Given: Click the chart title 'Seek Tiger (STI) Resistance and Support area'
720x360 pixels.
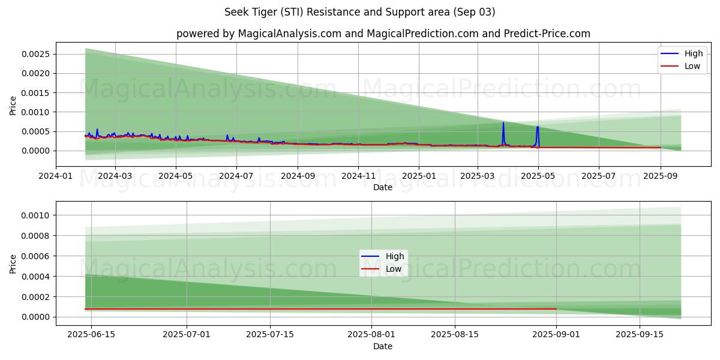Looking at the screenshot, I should point(359,12).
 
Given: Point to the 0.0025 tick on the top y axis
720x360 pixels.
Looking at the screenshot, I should point(37,54).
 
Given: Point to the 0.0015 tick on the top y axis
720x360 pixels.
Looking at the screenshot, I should point(37,93).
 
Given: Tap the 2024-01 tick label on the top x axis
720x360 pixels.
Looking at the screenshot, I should point(56,176).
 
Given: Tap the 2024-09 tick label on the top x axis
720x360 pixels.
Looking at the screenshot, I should point(298,176).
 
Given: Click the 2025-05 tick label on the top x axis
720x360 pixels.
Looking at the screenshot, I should point(538,176).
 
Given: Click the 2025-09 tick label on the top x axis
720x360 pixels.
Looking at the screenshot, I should point(660,176).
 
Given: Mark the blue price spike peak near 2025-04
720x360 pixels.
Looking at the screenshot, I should point(503,123).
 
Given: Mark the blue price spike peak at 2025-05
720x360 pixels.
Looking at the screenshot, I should point(538,127).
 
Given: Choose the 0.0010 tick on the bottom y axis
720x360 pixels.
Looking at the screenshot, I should point(37,215).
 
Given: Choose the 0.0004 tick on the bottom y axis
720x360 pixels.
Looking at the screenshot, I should point(37,277).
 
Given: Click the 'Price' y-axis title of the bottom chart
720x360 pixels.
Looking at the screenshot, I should point(13,264).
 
